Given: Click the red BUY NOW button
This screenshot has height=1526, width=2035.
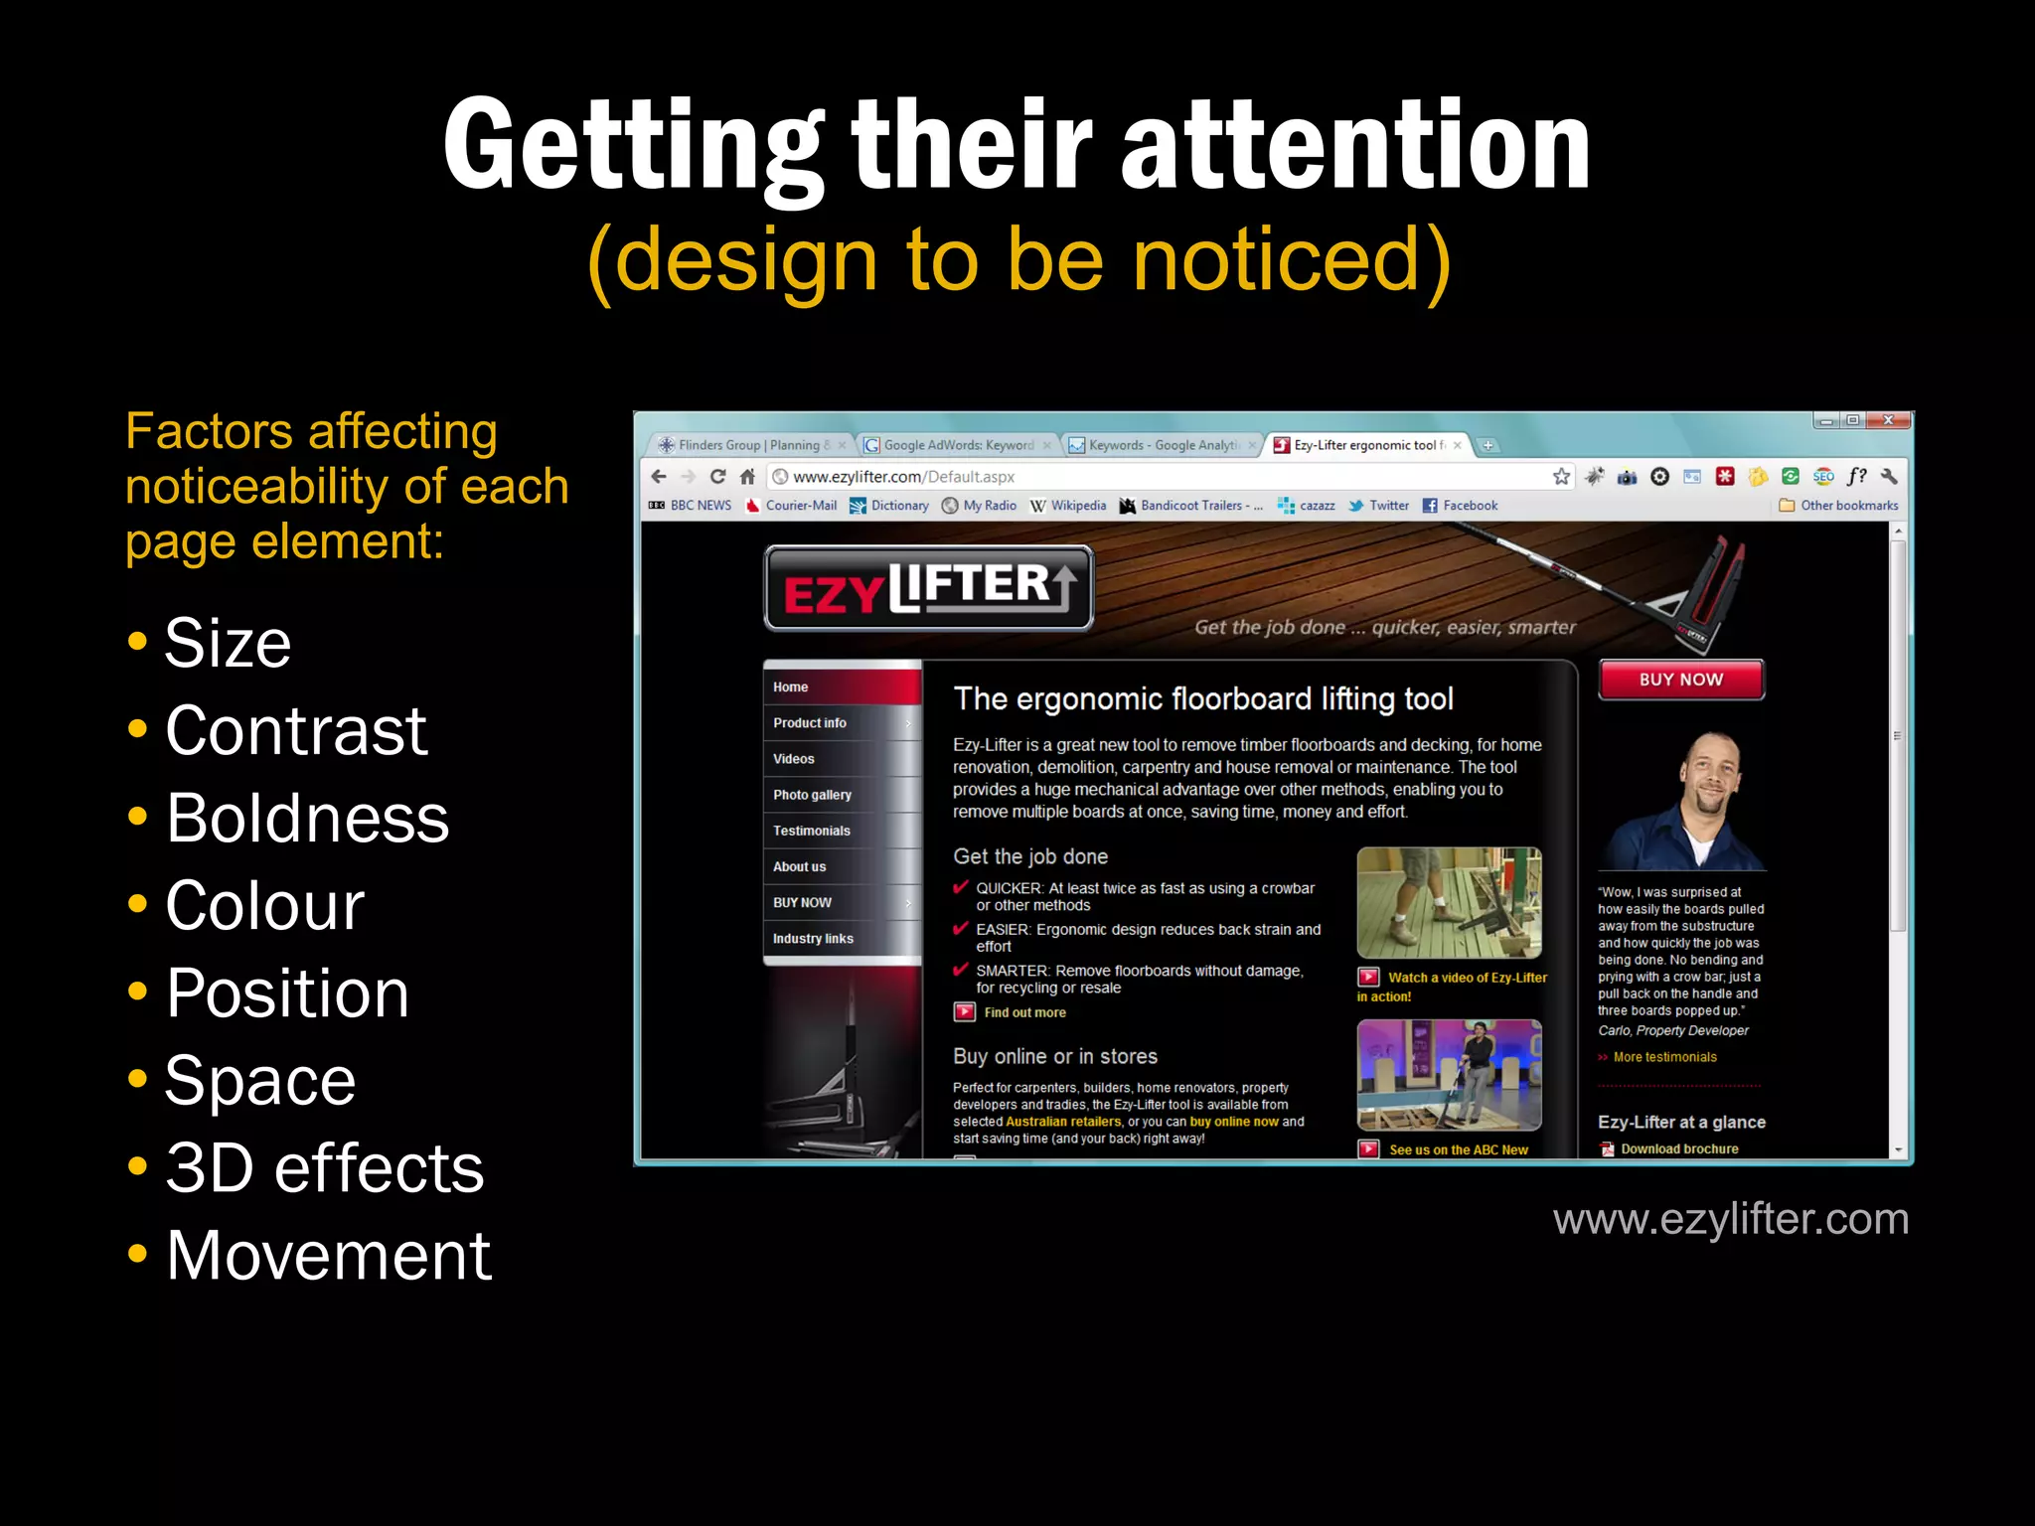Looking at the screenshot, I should (x=1680, y=680).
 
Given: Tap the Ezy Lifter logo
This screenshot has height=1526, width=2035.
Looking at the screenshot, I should (x=928, y=589).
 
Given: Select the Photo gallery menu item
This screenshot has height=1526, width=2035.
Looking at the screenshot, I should (x=812, y=795).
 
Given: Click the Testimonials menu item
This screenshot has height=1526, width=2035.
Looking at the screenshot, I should (x=811, y=831).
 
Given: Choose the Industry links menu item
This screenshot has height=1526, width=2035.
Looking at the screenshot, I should (x=813, y=938).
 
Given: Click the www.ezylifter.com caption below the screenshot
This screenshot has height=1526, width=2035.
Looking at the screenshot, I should (x=1730, y=1219).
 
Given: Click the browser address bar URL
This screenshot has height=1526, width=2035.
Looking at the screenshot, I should (x=903, y=477).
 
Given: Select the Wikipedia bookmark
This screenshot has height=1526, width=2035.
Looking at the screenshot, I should (x=1077, y=506).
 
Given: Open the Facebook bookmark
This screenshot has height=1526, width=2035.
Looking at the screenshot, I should (x=1469, y=506).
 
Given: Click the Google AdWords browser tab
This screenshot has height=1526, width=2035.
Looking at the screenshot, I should (x=957, y=445).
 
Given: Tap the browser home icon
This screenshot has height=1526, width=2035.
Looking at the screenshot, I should (x=747, y=477).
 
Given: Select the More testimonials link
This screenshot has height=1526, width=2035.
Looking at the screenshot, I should (x=1664, y=1057).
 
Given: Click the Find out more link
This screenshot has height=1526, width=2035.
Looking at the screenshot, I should (x=1024, y=1012).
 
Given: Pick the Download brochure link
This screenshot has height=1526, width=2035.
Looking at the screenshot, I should (x=1679, y=1148).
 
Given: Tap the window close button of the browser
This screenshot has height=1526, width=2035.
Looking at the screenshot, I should (x=1888, y=420).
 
